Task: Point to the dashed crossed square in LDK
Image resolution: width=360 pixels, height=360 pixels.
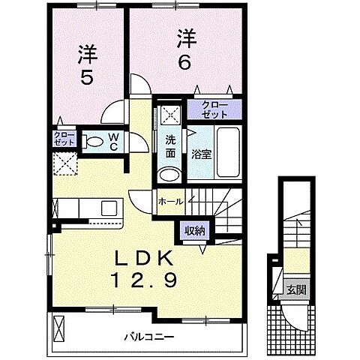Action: pos(65,164)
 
